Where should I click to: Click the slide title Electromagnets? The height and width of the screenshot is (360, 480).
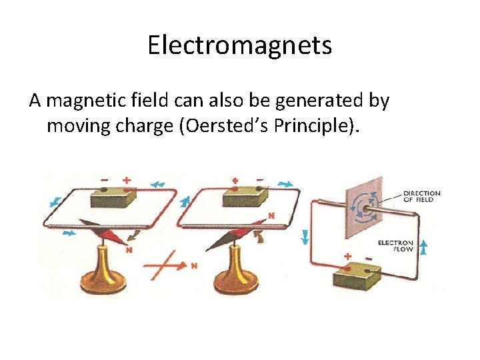tap(239, 45)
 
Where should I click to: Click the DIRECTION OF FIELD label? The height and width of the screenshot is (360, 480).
tap(421, 196)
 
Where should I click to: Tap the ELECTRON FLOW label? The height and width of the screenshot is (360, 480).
tap(395, 246)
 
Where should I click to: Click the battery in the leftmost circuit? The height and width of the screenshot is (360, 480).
tap(113, 197)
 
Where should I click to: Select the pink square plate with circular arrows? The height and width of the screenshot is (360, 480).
tap(363, 206)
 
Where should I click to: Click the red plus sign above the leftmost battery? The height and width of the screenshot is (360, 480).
tap(126, 180)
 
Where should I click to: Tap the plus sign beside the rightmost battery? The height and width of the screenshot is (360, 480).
tap(347, 255)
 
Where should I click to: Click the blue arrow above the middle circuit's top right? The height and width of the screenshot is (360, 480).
tap(285, 183)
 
